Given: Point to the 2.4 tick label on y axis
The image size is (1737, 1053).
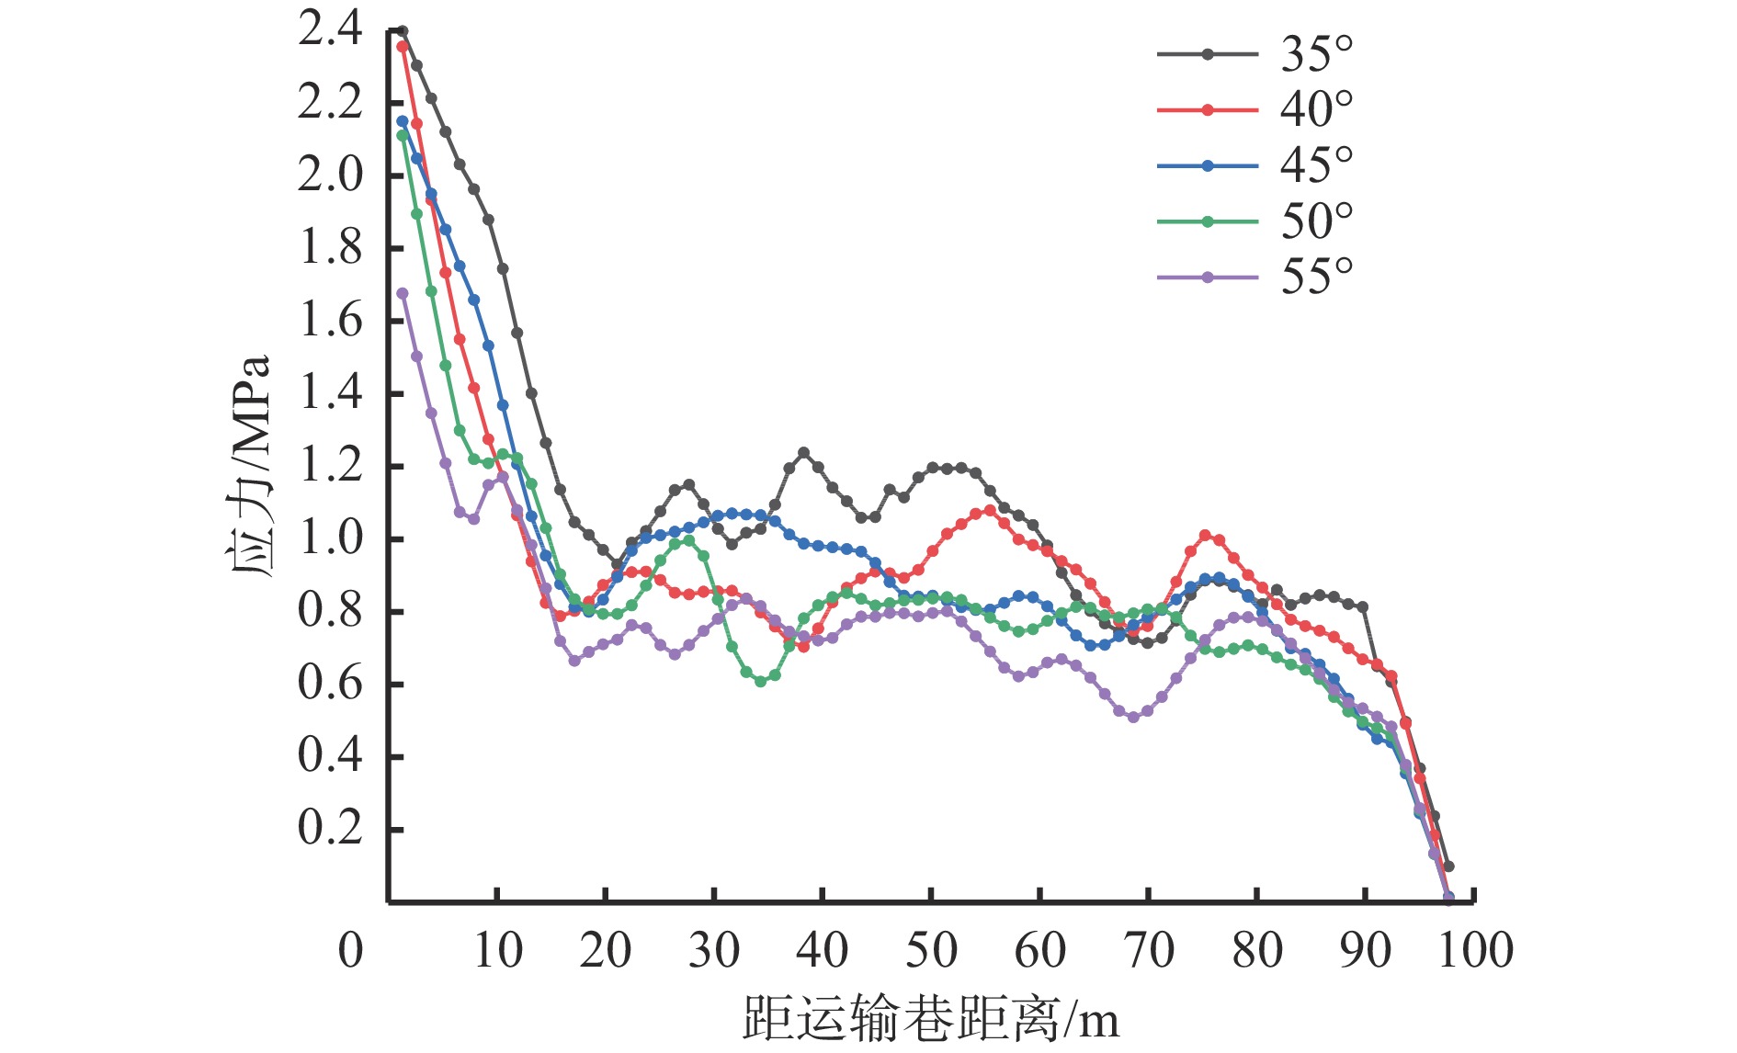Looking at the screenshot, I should (330, 30).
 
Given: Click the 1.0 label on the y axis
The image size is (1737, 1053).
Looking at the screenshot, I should (330, 538).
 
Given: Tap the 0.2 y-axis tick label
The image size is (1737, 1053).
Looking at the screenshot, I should (330, 829).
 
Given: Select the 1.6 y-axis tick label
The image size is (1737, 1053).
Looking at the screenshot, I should (330, 321).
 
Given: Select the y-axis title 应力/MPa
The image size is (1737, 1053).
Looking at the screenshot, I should (248, 466).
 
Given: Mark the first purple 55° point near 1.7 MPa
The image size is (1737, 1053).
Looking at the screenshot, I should (403, 293).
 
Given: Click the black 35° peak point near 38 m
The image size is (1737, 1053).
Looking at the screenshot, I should (804, 452).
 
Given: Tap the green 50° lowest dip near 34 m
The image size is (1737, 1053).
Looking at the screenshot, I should (760, 682).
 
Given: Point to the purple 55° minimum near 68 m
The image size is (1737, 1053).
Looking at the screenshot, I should (1133, 717).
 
